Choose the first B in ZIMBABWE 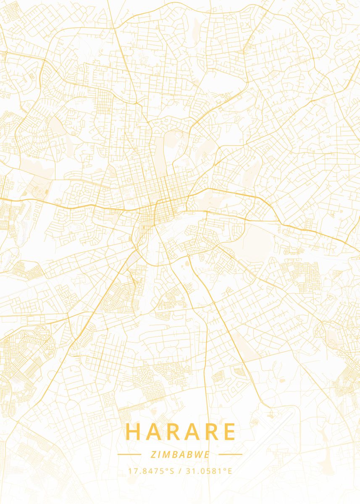pyautogui.click(x=173, y=454)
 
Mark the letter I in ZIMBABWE pyautogui.click(x=157, y=454)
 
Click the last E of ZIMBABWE pyautogui.click(x=208, y=454)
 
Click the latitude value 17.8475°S pyautogui.click(x=151, y=471)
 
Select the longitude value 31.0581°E pyautogui.click(x=209, y=471)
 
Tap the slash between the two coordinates pyautogui.click(x=179, y=471)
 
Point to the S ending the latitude pyautogui.click(x=171, y=471)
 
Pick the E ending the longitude pyautogui.click(x=230, y=471)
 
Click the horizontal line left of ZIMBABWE pyautogui.click(x=129, y=454)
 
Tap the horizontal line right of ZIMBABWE pyautogui.click(x=231, y=454)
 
